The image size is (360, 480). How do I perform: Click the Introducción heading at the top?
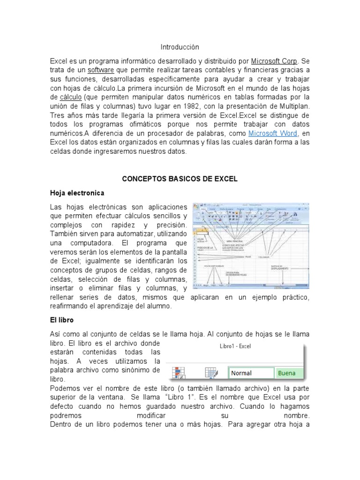(x=180, y=47)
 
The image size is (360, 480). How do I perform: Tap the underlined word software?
(x=101, y=70)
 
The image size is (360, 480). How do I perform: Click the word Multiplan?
(x=293, y=106)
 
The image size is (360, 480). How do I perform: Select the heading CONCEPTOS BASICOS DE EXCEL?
(x=180, y=179)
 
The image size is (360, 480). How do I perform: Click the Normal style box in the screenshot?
(x=251, y=373)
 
